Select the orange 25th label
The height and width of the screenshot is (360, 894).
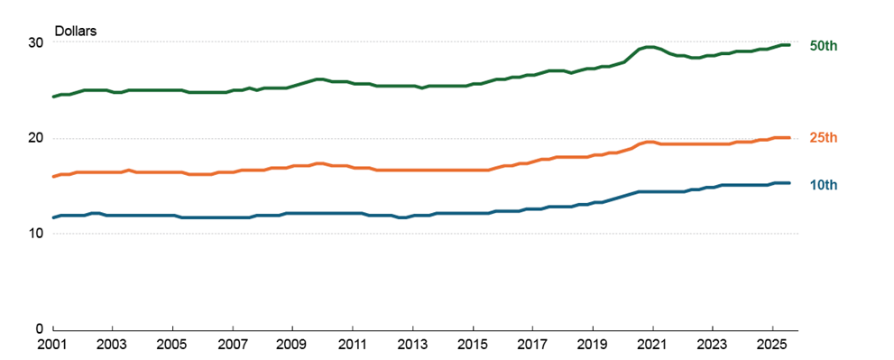[824, 137]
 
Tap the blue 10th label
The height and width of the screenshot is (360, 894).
[824, 185]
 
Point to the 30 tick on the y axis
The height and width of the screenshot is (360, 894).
[34, 42]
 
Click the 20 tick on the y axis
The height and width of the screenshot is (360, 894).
[34, 138]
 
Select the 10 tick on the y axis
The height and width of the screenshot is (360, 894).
[34, 234]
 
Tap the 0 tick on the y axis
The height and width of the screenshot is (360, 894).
[38, 329]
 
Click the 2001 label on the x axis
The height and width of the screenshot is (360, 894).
[53, 346]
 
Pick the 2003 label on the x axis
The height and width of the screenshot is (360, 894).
[113, 346]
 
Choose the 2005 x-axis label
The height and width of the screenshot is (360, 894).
[173, 346]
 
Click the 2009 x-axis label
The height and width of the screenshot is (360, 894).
[292, 346]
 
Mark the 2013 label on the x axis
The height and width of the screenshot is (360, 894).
[412, 346]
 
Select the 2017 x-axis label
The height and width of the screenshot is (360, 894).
[532, 346]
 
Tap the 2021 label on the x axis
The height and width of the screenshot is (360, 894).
[652, 346]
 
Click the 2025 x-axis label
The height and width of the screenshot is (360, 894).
[772, 346]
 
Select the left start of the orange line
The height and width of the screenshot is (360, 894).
[54, 176]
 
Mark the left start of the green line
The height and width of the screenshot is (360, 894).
[54, 97]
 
